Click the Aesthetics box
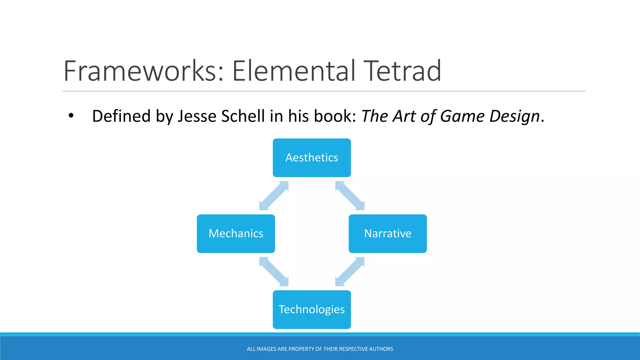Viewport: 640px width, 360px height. [312, 158]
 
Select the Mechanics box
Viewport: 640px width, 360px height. [236, 234]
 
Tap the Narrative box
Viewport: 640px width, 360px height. [387, 234]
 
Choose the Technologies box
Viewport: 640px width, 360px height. [312, 309]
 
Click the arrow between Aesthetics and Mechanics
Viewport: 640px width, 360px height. [274, 196]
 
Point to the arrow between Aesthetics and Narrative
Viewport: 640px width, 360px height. [350, 196]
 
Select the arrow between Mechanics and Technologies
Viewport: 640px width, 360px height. [274, 272]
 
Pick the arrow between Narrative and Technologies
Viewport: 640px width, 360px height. [350, 272]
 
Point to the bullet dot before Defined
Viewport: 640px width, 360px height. [71, 116]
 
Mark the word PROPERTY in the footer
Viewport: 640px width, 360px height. [301, 349]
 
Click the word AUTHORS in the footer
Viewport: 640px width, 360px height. [381, 349]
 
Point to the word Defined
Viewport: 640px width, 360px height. [121, 116]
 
